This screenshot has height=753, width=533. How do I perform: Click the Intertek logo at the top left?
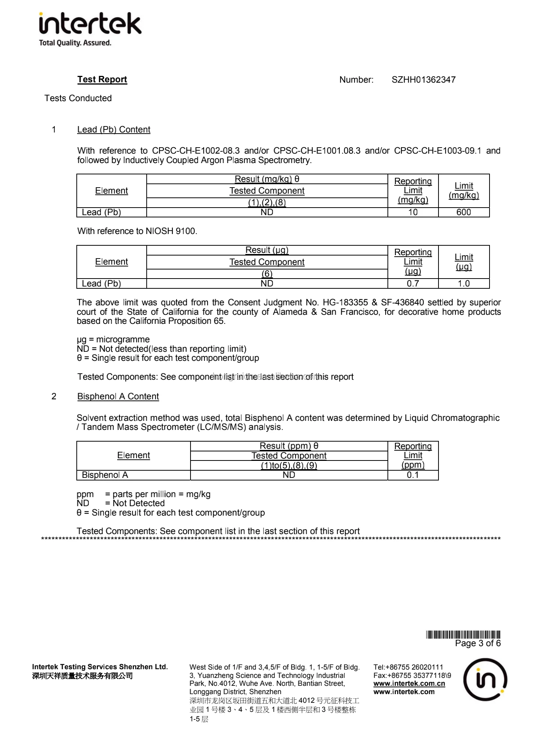90,29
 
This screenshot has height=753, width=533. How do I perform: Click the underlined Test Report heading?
102,79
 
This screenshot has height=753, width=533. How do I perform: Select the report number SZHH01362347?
423,80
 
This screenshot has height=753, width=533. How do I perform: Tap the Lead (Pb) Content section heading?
113,130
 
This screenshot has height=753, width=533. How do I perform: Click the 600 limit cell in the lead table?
463,212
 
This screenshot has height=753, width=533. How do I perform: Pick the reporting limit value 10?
413,212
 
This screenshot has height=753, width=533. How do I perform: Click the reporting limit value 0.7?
413,283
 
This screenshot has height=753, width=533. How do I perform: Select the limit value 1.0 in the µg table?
463,283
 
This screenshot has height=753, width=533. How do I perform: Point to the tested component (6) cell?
267,274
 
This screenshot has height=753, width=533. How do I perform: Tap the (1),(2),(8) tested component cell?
267,203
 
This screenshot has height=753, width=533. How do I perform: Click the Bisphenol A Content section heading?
118,396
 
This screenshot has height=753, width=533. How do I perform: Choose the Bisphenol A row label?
105,475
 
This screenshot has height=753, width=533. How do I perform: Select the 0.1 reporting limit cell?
413,475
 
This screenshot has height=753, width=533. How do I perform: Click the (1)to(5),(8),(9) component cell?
289,465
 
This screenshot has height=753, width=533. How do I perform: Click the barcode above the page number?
463,634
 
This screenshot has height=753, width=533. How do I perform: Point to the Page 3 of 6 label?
478,643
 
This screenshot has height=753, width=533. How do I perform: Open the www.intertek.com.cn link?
409,684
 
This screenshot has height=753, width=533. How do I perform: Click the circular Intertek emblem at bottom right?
485,679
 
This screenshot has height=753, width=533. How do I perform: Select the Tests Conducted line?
78,98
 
